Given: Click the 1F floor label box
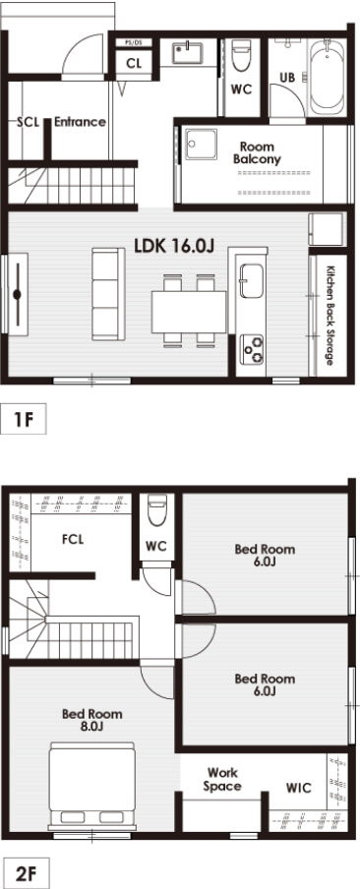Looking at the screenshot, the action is [x=24, y=419].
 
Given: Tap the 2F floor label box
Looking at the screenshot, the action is [x=25, y=873].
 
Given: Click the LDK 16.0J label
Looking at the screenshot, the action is [x=174, y=246].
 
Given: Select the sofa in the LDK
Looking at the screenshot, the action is [x=108, y=294].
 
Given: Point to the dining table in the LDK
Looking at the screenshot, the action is [x=189, y=312].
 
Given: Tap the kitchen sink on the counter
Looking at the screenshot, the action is [x=251, y=280].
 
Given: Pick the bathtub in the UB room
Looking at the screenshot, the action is [x=328, y=77].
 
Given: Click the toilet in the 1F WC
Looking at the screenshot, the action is [x=241, y=55].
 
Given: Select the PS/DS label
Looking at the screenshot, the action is [x=135, y=43].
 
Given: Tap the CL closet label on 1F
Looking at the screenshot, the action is [x=135, y=63].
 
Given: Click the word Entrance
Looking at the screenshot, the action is [x=80, y=121].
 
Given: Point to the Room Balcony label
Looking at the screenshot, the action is [x=257, y=153].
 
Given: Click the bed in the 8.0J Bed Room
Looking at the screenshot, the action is [x=91, y=785].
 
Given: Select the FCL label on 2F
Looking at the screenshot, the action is [x=73, y=539].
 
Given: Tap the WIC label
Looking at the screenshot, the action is [x=298, y=788].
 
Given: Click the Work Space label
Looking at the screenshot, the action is [x=222, y=779].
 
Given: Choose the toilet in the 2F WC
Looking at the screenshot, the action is [x=157, y=510].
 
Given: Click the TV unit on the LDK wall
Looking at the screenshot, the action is [x=18, y=294].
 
